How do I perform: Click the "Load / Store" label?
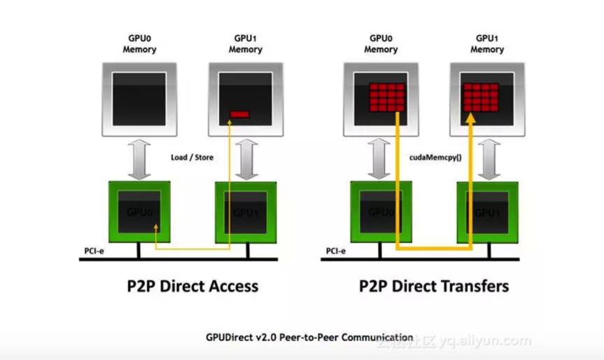(x=192, y=158)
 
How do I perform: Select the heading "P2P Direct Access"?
(x=193, y=286)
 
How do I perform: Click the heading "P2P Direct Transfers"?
(x=434, y=286)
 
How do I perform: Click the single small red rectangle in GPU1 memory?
(x=240, y=113)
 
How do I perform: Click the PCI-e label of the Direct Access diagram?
(x=92, y=250)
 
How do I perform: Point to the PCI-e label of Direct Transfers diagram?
(x=335, y=250)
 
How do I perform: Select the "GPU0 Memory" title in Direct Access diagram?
(x=139, y=44)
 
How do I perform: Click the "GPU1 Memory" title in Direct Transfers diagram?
(x=487, y=44)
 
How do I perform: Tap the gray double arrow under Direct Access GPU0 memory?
(x=139, y=158)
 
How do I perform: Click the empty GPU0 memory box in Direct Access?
(x=139, y=99)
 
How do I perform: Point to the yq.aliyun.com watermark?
(x=483, y=342)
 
